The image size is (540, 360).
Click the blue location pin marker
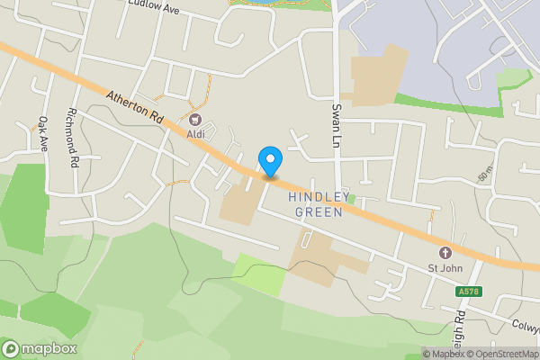tap(270, 162)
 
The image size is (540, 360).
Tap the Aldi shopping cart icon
tap(195, 119)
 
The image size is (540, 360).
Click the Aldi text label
tap(195, 134)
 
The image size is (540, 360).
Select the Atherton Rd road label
tap(132, 106)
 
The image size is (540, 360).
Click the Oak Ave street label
tap(41, 132)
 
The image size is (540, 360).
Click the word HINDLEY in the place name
tap(315, 197)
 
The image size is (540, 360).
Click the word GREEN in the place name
tap(318, 212)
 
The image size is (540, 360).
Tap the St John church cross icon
tap(445, 253)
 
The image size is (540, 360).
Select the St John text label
tap(445, 268)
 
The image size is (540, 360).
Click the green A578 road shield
tap(469, 291)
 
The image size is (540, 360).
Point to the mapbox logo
tap(40, 349)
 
